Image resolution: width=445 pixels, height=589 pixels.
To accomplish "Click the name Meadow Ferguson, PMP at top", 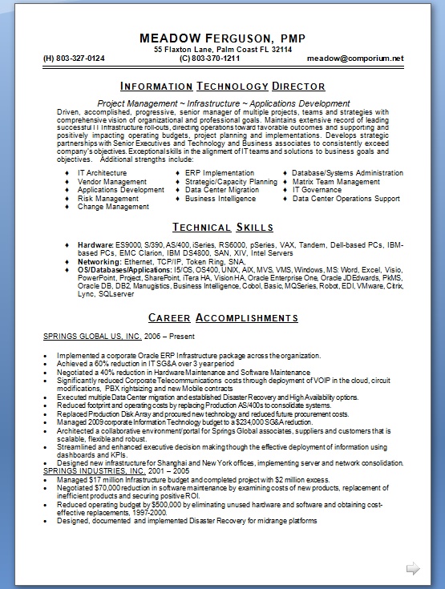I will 222,38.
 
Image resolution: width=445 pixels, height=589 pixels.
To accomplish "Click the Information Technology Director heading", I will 222,87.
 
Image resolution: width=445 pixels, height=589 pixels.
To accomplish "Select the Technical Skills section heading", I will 222,227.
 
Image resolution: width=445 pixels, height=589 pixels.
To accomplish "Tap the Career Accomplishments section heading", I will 222,317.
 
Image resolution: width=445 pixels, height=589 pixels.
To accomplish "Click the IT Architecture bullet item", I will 102,173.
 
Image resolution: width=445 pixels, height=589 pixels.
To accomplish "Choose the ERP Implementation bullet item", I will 219,173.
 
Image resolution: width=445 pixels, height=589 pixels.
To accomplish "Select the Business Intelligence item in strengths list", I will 220,198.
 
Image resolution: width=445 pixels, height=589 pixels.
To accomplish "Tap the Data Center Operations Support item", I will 346,198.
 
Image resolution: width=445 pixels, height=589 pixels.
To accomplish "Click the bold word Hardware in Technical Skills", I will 95,244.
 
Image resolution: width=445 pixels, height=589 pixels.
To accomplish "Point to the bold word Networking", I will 99,261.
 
